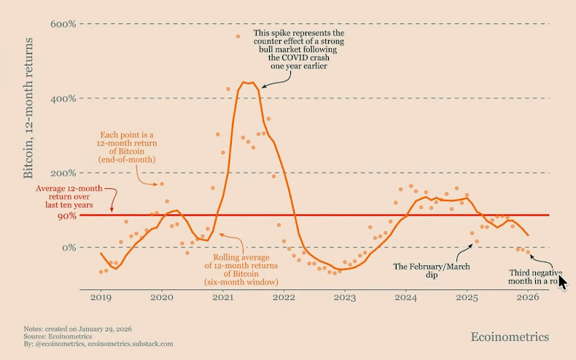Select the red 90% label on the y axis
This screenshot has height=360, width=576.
(x=67, y=216)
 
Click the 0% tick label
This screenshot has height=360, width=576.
(x=68, y=248)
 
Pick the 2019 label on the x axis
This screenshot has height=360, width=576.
(x=100, y=297)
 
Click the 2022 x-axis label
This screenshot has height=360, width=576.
(x=284, y=297)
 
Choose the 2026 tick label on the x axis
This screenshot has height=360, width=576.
(x=529, y=297)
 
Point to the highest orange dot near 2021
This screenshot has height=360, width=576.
(x=238, y=36)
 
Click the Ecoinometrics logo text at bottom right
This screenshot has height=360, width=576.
(x=510, y=337)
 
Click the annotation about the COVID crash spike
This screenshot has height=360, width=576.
(x=298, y=50)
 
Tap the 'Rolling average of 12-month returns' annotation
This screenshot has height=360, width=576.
(x=245, y=269)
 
